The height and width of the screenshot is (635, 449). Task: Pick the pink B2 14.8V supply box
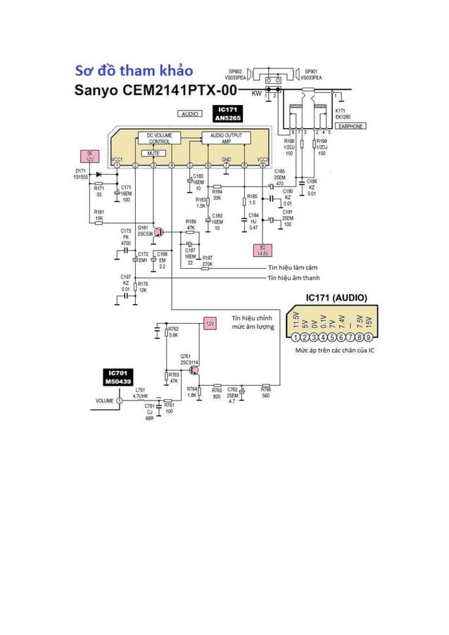(x=263, y=250)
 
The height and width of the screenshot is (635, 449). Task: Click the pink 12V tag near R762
(x=209, y=323)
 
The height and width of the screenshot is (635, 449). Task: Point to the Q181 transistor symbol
(x=158, y=232)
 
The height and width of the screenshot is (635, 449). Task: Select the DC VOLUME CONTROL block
(x=159, y=138)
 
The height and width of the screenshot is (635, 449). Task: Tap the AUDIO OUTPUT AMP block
(x=226, y=138)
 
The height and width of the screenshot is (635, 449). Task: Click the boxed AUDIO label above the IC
(x=189, y=113)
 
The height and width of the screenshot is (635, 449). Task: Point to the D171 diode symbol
(x=99, y=173)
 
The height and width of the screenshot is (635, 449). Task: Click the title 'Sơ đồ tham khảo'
(x=134, y=70)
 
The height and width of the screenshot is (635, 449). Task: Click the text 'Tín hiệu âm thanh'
(x=293, y=278)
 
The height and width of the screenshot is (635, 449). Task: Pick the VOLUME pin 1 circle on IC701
(x=120, y=401)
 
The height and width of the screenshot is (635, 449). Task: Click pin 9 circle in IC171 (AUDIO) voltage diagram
(x=368, y=337)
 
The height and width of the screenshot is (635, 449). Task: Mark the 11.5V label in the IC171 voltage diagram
(x=296, y=318)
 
